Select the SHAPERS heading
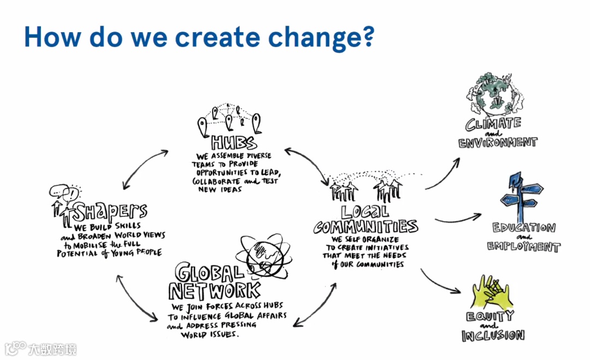[111, 211]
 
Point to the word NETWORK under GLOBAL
[214, 290]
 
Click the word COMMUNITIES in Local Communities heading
[365, 226]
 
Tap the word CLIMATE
[493, 123]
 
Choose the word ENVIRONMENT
[498, 143]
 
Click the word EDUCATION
[523, 228]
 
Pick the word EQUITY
[490, 316]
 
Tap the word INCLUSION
[493, 335]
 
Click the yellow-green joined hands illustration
[491, 292]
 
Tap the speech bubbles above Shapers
[64, 193]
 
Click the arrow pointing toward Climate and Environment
[442, 172]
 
